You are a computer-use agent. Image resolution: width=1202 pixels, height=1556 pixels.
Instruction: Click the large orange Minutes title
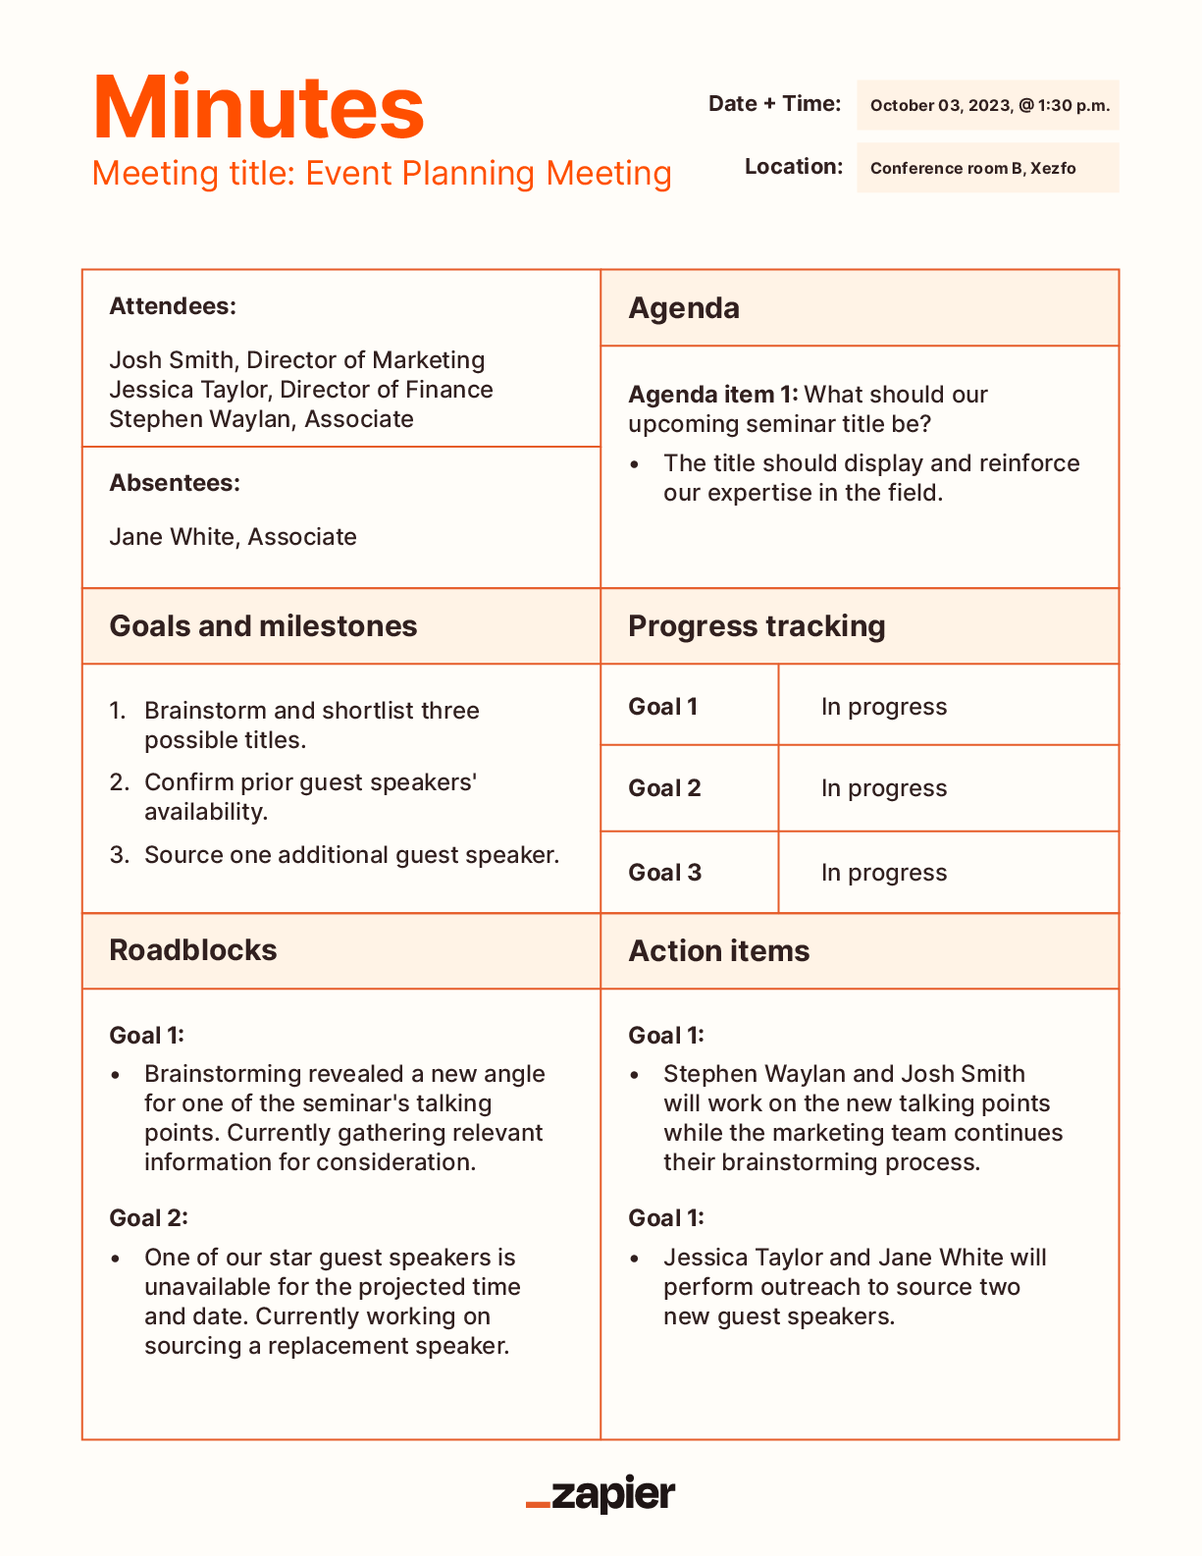(x=258, y=108)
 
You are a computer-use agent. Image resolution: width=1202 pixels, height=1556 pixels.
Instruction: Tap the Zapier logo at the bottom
(x=601, y=1494)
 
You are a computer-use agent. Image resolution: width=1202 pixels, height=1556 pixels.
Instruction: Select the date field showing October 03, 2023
(x=988, y=106)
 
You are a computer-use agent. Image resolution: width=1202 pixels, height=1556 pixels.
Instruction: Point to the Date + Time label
(x=774, y=104)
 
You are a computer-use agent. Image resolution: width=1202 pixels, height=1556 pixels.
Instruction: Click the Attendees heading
(x=173, y=306)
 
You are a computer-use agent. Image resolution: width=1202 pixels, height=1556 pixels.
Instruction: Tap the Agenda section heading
(x=684, y=308)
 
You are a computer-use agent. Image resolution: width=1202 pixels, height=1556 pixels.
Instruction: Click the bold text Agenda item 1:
(x=713, y=395)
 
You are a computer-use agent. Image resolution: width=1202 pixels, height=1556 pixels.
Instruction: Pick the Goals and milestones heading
(x=263, y=626)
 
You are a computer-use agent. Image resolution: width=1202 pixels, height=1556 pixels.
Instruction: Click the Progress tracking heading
(x=757, y=626)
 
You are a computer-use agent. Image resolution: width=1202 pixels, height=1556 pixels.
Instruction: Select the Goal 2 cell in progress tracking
(x=664, y=788)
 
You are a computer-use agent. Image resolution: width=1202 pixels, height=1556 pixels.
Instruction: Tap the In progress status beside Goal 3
(x=884, y=873)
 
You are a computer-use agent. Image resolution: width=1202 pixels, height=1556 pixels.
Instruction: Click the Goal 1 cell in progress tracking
(x=662, y=707)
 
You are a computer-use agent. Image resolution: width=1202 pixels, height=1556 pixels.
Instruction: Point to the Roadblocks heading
(x=193, y=950)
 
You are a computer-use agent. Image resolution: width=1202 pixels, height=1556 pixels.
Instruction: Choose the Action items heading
(x=719, y=951)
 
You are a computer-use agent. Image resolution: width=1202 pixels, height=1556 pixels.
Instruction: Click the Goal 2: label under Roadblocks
(x=148, y=1218)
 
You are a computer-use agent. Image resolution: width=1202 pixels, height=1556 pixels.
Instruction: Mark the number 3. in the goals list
(x=120, y=855)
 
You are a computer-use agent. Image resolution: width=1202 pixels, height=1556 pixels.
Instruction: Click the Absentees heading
(x=175, y=483)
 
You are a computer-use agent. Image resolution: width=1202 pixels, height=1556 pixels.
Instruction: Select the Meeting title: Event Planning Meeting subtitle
(x=382, y=174)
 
